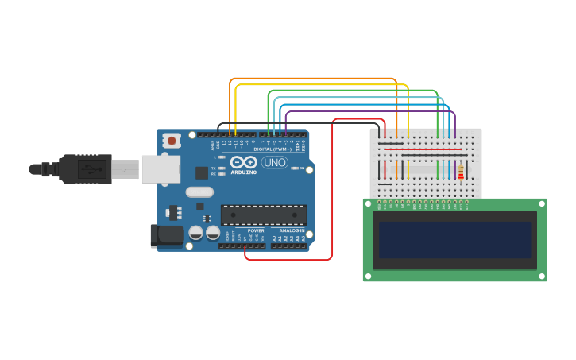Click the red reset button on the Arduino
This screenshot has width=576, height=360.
click(171, 141)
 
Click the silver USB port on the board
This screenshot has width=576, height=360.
click(160, 169)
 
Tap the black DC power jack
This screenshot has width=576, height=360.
click(165, 234)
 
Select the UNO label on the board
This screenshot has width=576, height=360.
click(274, 163)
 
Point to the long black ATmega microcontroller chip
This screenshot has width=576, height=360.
click(263, 215)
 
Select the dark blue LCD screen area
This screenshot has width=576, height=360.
click(454, 239)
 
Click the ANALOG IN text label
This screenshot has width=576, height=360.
click(290, 230)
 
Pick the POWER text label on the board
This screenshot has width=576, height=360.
click(256, 230)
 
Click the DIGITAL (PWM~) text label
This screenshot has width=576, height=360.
click(272, 149)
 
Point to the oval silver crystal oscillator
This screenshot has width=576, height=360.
click(199, 192)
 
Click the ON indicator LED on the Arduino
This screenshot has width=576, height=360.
click(295, 168)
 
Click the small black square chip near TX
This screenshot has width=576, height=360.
click(201, 171)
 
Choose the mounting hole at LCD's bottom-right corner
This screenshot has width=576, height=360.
click(543, 277)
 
